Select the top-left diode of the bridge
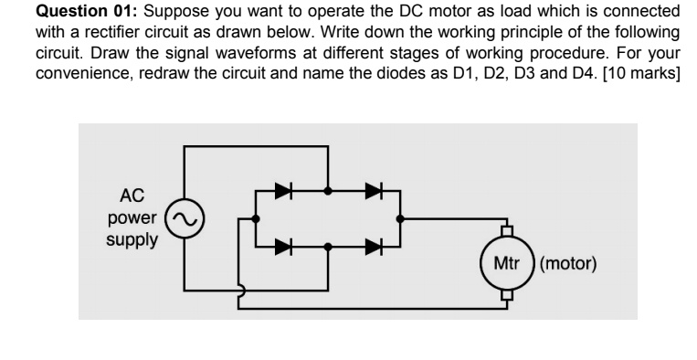pyautogui.click(x=285, y=192)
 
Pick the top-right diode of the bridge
pyautogui.click(x=373, y=192)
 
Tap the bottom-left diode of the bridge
pyautogui.click(x=285, y=246)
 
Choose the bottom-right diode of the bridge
pyautogui.click(x=373, y=246)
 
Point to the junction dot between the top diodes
pyautogui.click(x=328, y=192)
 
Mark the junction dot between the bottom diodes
pyautogui.click(x=328, y=246)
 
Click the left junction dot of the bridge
pyautogui.click(x=255, y=219)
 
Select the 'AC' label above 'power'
pyautogui.click(x=131, y=196)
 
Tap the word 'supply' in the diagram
pyautogui.click(x=131, y=241)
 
